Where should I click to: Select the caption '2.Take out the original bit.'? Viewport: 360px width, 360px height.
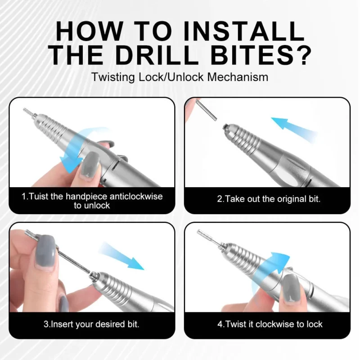tap(269, 199)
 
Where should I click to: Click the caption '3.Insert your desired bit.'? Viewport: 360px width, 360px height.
tap(91, 324)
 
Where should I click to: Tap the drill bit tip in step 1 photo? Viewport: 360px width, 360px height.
tap(27, 111)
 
